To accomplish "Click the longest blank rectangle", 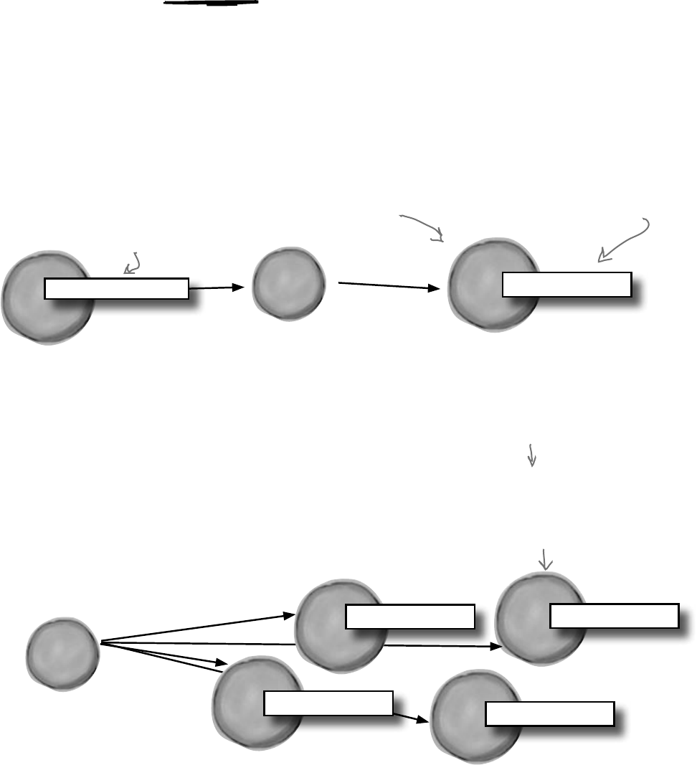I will tap(116, 288).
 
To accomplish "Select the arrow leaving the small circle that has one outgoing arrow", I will tap(387, 286).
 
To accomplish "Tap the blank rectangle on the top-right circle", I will tap(566, 285).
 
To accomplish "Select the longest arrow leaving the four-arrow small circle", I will tap(301, 645).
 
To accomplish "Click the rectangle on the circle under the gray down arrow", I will tap(614, 616).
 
